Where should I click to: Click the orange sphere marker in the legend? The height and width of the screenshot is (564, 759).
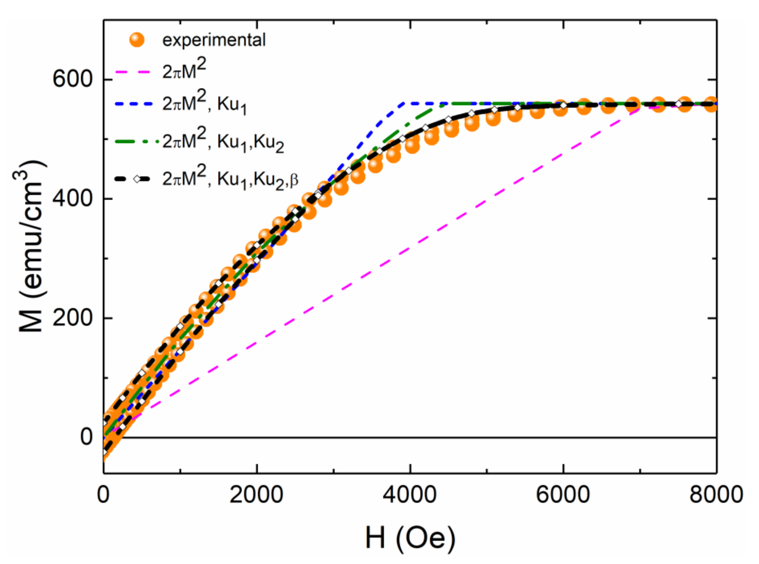point(137,40)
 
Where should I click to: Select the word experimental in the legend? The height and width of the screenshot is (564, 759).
point(214,40)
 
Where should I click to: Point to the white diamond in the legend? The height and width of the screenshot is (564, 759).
point(137,179)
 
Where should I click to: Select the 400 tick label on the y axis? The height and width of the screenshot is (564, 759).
point(73,198)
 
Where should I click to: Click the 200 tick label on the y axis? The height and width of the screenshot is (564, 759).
point(73,318)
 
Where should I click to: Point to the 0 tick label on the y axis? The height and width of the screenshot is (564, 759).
point(87,437)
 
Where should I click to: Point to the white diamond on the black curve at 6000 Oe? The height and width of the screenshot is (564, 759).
point(563,105)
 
